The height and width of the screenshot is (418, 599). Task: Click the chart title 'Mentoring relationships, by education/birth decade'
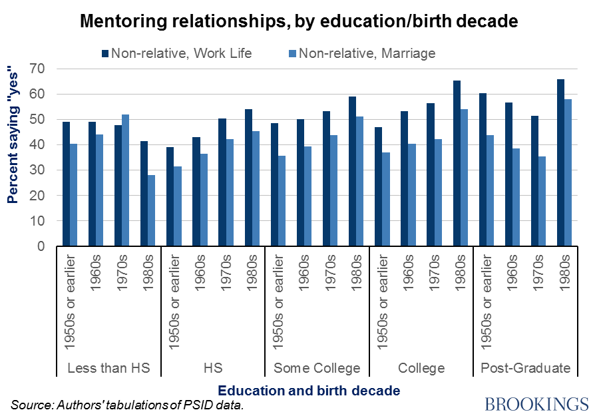click(x=299, y=21)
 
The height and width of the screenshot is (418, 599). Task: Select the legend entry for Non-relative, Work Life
click(x=177, y=53)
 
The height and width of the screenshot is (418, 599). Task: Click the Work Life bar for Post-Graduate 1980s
click(x=561, y=163)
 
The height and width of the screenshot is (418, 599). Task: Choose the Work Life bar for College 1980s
click(x=457, y=164)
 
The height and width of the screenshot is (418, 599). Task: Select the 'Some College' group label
click(x=317, y=368)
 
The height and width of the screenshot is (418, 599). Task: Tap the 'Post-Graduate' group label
click(x=525, y=368)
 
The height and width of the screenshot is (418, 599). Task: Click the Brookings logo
click(x=537, y=404)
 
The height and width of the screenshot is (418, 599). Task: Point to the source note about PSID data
click(x=124, y=405)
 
